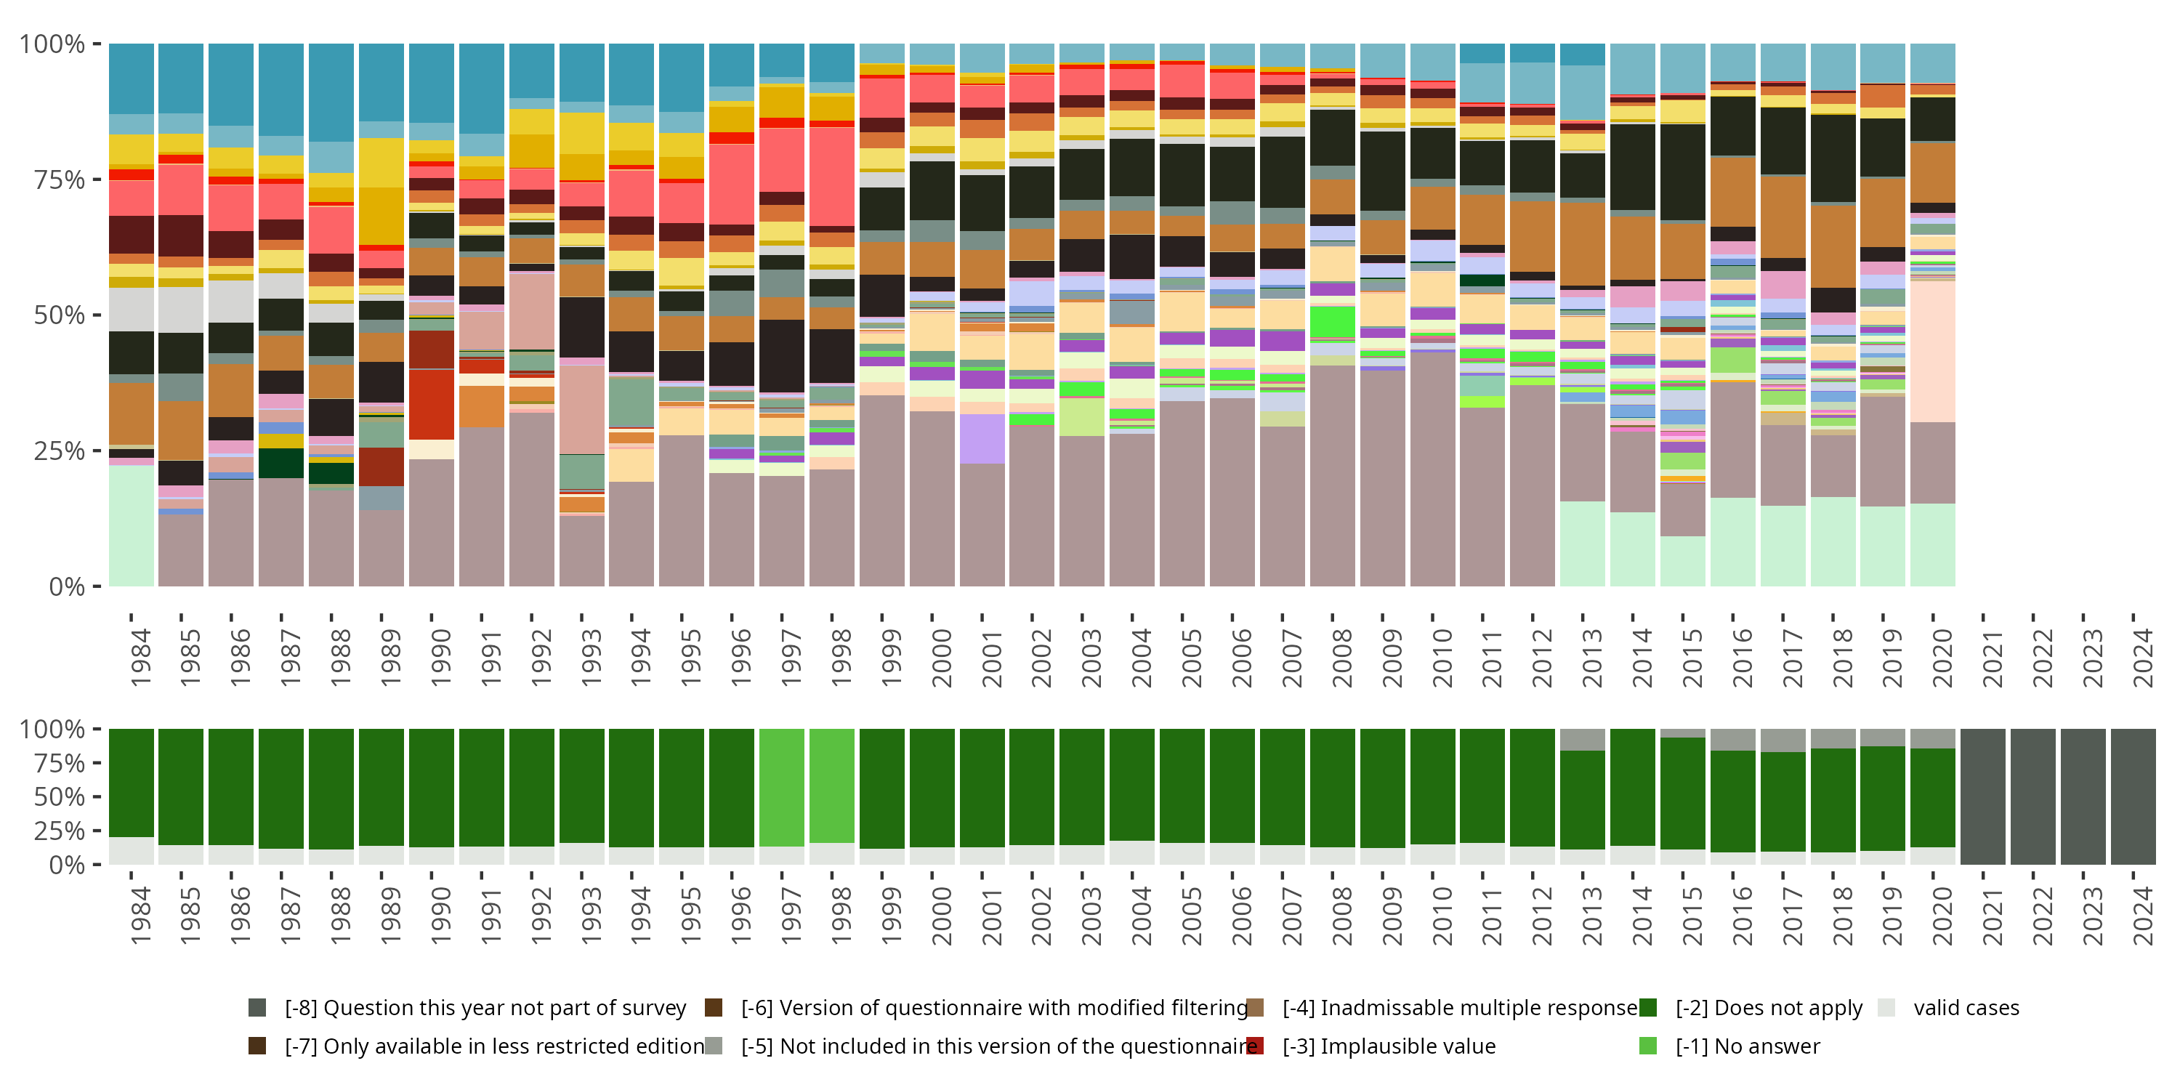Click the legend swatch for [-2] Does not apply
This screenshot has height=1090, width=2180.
point(1647,1007)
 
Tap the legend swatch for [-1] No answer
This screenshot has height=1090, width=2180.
point(1647,1046)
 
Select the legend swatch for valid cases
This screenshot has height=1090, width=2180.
point(1886,1007)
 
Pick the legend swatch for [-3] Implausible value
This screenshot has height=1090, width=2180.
point(1255,1046)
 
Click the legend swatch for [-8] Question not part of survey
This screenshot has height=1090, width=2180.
point(257,1007)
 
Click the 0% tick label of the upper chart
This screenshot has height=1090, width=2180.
point(66,586)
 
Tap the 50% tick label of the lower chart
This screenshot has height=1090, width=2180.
point(52,796)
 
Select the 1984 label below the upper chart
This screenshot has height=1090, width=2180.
point(140,658)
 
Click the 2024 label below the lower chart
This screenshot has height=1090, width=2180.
point(2143,916)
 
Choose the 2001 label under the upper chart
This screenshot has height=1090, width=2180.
point(992,658)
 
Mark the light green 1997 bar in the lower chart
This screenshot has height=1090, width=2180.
point(781,787)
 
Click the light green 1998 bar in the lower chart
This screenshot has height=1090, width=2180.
point(831,786)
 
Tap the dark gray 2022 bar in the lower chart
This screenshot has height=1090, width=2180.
point(2032,796)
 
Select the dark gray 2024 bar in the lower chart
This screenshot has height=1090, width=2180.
point(2133,796)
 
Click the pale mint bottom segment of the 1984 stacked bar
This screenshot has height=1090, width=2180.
point(132,525)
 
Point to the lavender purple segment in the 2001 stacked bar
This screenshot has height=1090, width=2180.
point(982,438)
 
